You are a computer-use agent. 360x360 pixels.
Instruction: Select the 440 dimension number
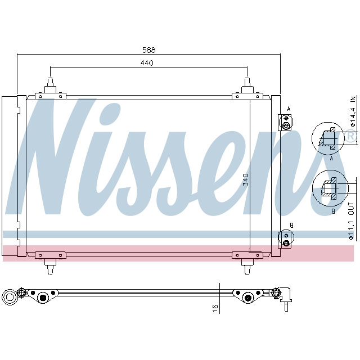coord(147,63)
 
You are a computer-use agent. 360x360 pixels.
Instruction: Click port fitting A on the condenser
coord(286,122)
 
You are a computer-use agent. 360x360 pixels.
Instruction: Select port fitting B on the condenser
coord(286,239)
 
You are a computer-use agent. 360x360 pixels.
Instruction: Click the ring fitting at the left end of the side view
coord(10,297)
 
